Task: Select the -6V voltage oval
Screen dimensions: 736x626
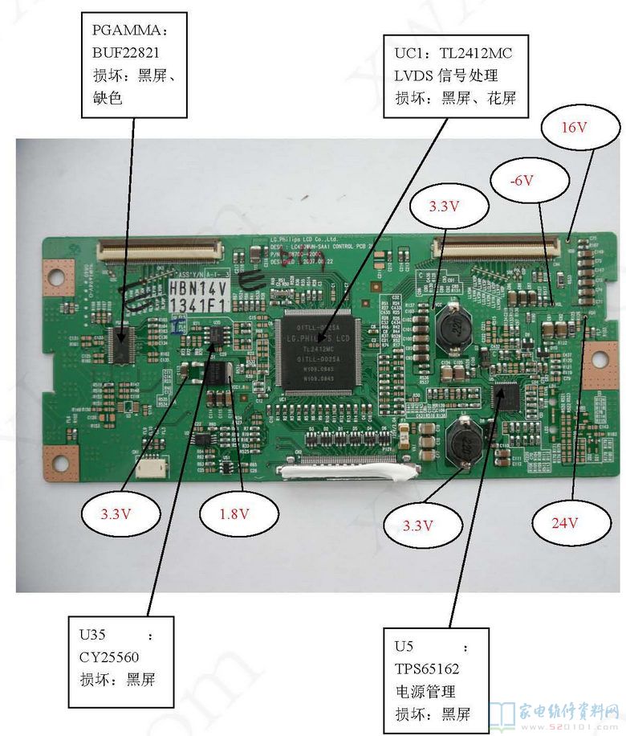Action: click(522, 181)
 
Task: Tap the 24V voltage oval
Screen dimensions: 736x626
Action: click(565, 523)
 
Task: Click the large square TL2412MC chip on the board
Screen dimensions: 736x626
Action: click(316, 354)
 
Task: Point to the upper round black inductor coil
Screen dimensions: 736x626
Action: click(453, 323)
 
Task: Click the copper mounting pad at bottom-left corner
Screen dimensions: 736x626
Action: click(61, 463)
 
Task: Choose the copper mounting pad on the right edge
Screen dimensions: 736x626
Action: click(600, 366)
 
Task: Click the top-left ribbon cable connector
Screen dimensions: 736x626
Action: click(160, 251)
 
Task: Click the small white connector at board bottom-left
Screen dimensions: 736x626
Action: click(148, 468)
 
